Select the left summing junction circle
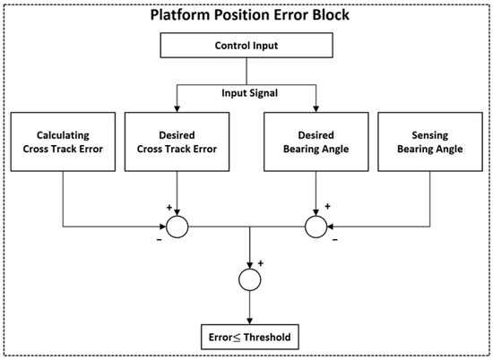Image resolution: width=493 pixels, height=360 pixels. pos(177,227)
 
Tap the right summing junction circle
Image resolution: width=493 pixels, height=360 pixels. pos(316,227)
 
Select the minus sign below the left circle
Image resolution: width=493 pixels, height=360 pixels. pos(159,239)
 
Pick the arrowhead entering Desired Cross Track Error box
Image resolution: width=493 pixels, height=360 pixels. pos(177,107)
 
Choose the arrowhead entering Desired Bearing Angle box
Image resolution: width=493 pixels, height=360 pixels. pos(316,107)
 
